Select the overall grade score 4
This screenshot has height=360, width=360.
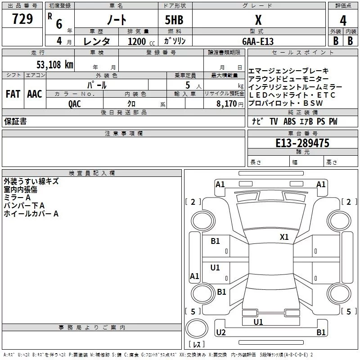tap(343, 21)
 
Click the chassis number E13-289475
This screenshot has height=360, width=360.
tap(302, 143)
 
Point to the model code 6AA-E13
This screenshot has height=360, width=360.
tap(258, 41)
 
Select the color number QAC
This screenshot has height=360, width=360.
tap(75, 103)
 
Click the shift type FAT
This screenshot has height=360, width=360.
tap(13, 94)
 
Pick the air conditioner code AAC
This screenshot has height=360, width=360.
tap(35, 94)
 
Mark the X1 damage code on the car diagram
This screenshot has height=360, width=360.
tap(284, 237)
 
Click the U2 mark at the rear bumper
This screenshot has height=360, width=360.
tap(220, 333)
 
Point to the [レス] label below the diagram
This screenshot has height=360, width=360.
tap(196, 345)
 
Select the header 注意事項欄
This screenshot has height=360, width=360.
tap(124, 134)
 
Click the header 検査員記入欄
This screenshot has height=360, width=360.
tap(92, 173)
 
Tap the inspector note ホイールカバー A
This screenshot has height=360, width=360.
tap(31, 214)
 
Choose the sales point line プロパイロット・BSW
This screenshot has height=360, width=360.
tap(286, 103)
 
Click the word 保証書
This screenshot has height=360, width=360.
tap(15, 121)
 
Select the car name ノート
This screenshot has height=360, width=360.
tap(116, 21)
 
